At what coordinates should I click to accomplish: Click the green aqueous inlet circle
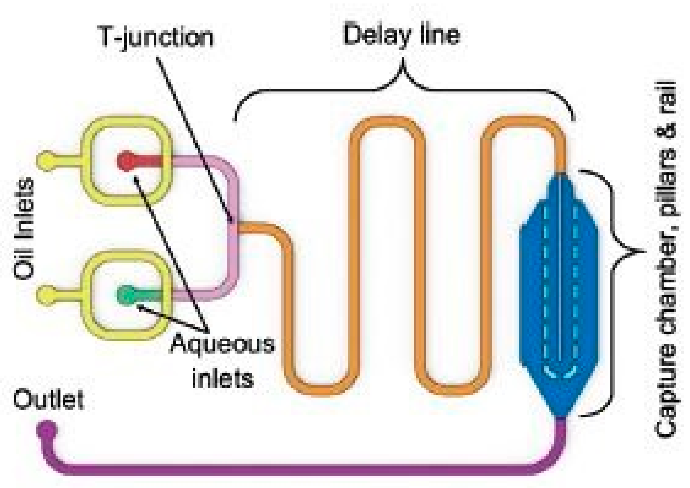126,295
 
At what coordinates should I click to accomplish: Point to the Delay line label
402,36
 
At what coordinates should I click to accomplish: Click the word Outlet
48,400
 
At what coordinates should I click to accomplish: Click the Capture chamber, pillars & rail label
666,259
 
